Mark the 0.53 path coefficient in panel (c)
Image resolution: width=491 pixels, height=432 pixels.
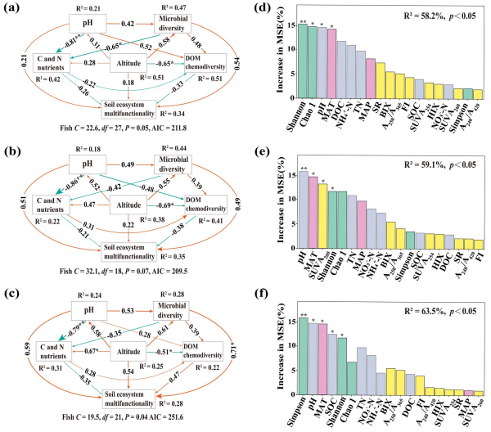(128, 311)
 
